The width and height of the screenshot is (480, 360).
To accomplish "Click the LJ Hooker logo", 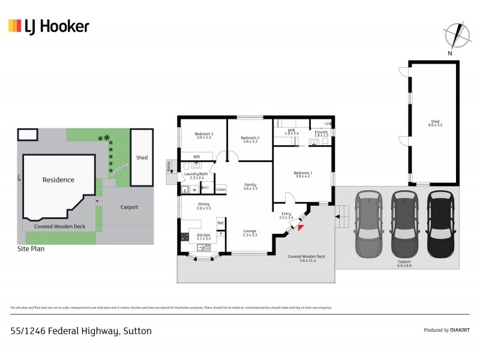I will (x=49, y=26).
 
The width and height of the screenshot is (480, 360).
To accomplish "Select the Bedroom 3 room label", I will (x=204, y=135).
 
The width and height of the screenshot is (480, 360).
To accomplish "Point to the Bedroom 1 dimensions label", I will (x=302, y=176).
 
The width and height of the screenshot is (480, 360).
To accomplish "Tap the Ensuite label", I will (x=321, y=133).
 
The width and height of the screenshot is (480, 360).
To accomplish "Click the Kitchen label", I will (x=204, y=236).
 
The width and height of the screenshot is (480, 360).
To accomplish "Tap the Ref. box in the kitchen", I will (x=221, y=223).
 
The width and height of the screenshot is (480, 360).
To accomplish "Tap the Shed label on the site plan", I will (x=142, y=158).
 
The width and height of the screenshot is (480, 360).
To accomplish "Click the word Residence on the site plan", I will (x=58, y=179).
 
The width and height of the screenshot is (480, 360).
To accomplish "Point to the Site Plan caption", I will (x=31, y=248).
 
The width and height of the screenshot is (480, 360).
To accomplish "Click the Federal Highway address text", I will (x=81, y=331).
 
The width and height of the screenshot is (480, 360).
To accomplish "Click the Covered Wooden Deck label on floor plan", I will (x=306, y=258).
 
